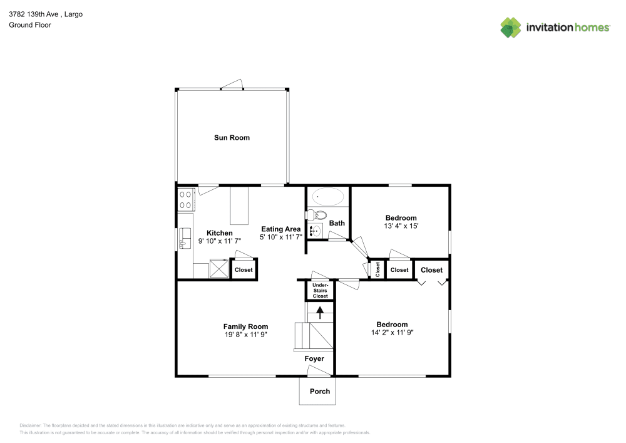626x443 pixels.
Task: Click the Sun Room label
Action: click(x=231, y=138)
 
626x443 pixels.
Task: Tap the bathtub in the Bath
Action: click(x=328, y=197)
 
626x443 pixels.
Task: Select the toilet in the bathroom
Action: click(x=314, y=215)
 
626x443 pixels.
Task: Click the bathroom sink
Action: click(x=315, y=231)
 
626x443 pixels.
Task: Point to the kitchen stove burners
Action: click(x=186, y=200)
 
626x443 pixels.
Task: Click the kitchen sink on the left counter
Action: click(x=185, y=237)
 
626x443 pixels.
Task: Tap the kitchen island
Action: click(x=239, y=205)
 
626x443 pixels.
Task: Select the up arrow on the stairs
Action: click(x=321, y=311)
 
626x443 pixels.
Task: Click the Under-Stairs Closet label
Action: click(x=321, y=291)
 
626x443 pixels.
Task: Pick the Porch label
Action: click(x=320, y=392)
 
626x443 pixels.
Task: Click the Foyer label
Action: click(x=314, y=359)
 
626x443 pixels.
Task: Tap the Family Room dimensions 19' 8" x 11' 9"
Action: click(x=245, y=335)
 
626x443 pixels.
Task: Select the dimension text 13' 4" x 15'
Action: click(x=401, y=226)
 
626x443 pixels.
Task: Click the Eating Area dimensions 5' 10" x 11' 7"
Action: click(x=281, y=237)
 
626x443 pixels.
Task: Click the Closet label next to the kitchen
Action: click(x=244, y=270)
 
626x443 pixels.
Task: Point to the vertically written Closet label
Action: click(x=377, y=269)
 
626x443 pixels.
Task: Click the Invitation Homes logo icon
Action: click(x=511, y=27)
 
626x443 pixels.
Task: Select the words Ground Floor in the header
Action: click(x=30, y=25)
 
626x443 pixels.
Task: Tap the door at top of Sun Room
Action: click(x=232, y=86)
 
